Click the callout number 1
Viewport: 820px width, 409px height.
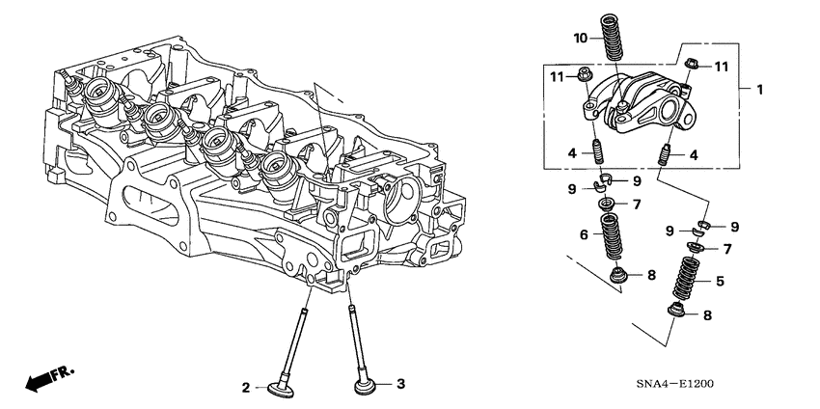(x=759, y=90)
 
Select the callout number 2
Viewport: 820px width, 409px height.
(x=247, y=387)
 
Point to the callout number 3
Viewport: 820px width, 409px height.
(x=401, y=384)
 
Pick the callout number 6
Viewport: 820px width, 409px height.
(x=585, y=234)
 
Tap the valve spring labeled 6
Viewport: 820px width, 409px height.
(x=609, y=237)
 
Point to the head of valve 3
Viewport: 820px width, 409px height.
(x=366, y=386)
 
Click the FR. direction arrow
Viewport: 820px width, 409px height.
(x=48, y=378)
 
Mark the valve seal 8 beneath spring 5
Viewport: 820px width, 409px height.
(x=679, y=313)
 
